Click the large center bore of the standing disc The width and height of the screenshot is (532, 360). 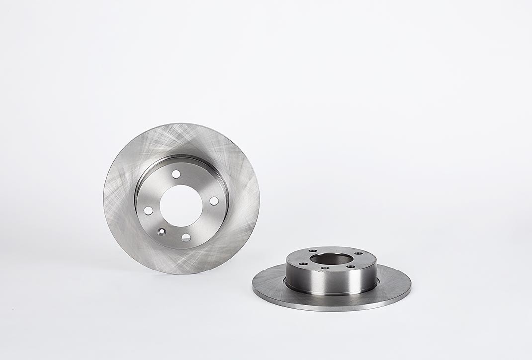[181, 205]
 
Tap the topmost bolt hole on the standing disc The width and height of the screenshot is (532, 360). [176, 174]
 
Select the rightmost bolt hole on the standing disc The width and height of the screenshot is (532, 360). [214, 201]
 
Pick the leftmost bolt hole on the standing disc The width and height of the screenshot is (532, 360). [148, 211]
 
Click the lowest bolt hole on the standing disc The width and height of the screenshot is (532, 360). [186, 237]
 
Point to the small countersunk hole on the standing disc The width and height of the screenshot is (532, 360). [161, 231]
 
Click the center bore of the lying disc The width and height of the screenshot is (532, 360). [331, 259]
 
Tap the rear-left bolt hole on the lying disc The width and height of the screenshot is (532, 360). [313, 251]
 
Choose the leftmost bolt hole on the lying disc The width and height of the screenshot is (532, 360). [302, 263]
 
